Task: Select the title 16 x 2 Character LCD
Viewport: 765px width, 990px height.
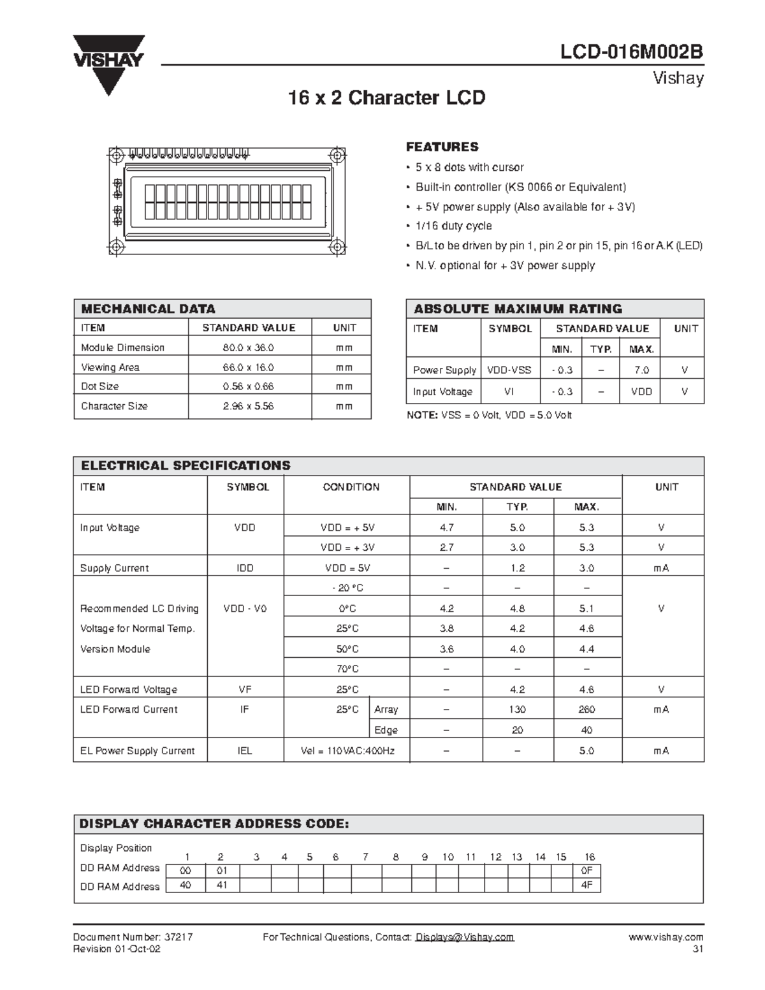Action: [386, 98]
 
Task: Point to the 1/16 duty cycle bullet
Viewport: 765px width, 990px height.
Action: [453, 226]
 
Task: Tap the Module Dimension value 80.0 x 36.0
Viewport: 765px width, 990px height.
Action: [248, 347]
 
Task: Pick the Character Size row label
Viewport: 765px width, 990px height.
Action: [114, 406]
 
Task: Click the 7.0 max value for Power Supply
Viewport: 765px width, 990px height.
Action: [641, 370]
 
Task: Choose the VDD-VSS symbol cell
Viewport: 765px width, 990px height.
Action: [509, 370]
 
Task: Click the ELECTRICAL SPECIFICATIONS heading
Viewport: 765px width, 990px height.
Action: [186, 465]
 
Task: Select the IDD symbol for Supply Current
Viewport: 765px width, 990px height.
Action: [245, 568]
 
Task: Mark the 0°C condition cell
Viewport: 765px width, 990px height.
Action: [347, 608]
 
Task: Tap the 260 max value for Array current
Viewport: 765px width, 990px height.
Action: [586, 710]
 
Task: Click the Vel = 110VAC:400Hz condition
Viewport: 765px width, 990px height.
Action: [347, 751]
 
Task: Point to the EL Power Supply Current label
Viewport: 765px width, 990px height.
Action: [137, 751]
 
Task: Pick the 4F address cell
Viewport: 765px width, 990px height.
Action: [586, 885]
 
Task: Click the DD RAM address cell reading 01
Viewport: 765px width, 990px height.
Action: [221, 871]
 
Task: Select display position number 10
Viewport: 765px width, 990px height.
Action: [448, 857]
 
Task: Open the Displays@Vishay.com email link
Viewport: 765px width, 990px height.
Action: [465, 937]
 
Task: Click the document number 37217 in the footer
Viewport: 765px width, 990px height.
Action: [178, 937]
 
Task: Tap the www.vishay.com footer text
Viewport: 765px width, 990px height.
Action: [666, 937]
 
